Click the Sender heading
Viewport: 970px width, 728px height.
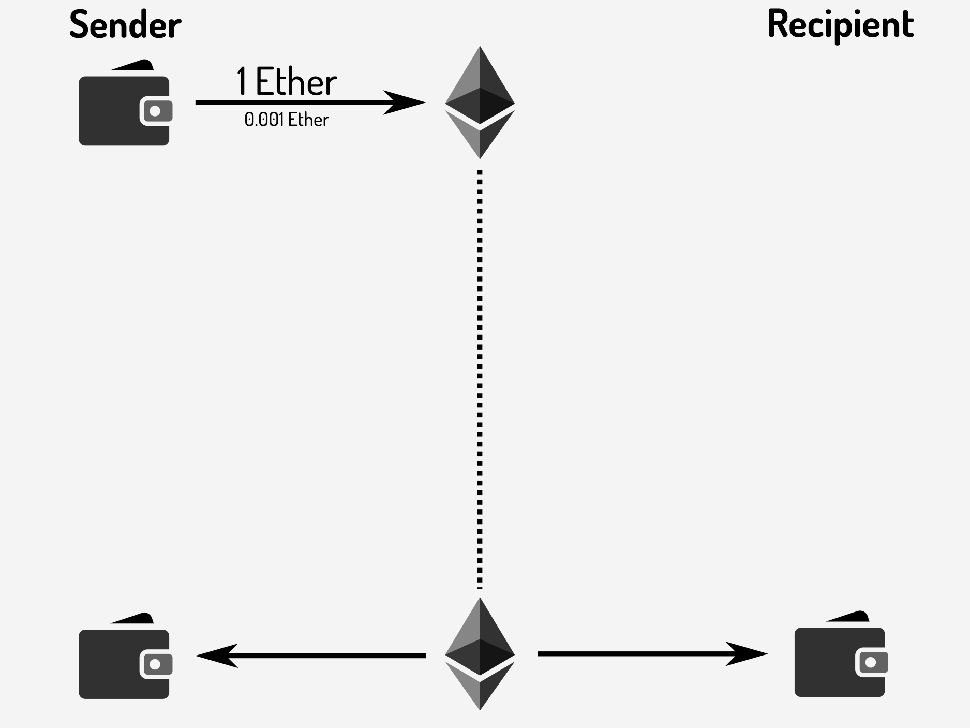click(125, 24)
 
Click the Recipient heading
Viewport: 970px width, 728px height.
click(841, 24)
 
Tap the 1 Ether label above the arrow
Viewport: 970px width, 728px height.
click(287, 82)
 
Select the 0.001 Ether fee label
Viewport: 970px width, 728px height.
click(287, 120)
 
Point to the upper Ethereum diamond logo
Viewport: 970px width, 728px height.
click(480, 103)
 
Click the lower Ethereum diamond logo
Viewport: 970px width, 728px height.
click(480, 653)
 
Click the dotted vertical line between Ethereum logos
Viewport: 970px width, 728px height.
click(480, 378)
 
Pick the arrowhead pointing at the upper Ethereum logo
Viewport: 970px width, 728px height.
click(406, 103)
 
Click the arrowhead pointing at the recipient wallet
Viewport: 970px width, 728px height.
click(748, 654)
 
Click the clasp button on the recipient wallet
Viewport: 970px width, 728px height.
click(871, 662)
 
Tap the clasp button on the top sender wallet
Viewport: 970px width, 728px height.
click(155, 111)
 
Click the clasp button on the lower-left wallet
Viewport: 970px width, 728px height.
click(155, 664)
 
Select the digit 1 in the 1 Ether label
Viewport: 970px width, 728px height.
click(242, 82)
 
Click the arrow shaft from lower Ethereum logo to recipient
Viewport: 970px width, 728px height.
click(631, 654)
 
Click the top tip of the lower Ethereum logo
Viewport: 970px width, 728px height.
click(480, 600)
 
